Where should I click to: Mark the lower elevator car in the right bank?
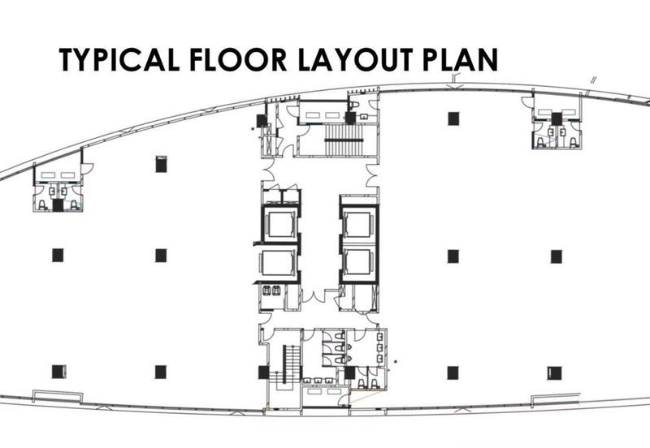(x=358, y=261)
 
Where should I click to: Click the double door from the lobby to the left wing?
(x=262, y=174)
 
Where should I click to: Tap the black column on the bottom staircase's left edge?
(x=263, y=373)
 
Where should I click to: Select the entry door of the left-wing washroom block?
(x=87, y=170)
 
